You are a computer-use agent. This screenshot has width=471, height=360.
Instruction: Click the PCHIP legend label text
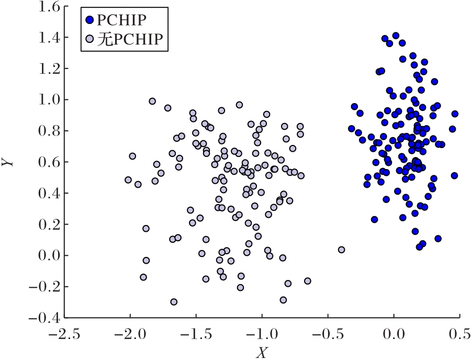pos(121,20)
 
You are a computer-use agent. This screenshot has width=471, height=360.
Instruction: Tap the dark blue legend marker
pos(90,20)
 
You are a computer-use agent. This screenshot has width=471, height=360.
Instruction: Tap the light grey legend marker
pos(90,39)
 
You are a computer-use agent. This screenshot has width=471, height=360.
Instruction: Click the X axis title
pos(261,353)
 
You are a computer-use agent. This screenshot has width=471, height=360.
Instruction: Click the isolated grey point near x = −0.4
pos(341,250)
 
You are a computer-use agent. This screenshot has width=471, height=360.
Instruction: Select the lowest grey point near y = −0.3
pos(174,302)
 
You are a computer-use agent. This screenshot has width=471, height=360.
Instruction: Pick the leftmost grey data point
pos(128,180)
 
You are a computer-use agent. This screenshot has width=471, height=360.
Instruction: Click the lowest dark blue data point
pos(419,247)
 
